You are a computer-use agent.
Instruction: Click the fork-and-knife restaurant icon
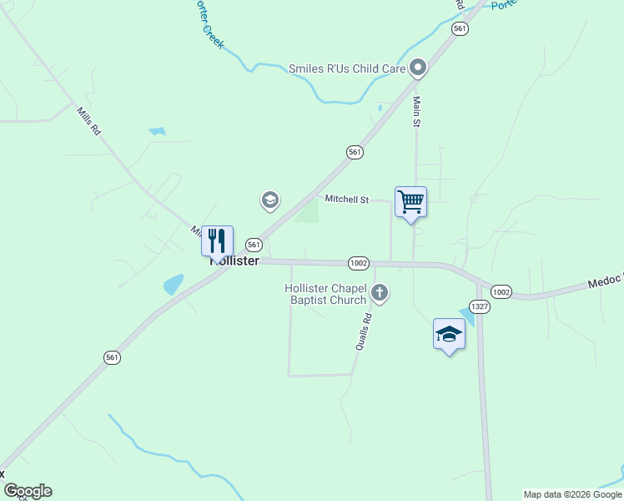[x=217, y=240]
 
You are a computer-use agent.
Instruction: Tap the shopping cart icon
[x=410, y=201]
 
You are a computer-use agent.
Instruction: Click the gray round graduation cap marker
[x=269, y=200]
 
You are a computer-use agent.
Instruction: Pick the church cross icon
[x=380, y=292]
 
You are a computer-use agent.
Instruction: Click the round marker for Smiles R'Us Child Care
[x=418, y=68]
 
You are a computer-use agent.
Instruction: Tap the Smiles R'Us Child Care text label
[x=347, y=68]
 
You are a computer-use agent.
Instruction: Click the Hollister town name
[x=235, y=261]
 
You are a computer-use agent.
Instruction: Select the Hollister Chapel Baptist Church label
[x=325, y=294]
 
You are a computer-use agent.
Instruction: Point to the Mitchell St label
[x=346, y=200]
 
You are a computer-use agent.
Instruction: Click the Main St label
[x=416, y=112]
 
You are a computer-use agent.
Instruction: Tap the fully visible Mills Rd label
[x=88, y=121]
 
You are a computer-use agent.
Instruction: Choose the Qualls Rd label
[x=363, y=330]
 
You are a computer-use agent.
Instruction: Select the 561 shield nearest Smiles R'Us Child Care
[x=460, y=28]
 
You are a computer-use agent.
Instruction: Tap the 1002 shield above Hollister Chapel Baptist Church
[x=359, y=262]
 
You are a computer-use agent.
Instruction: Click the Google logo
[x=28, y=491]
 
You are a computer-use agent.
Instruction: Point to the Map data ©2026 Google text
[x=572, y=494]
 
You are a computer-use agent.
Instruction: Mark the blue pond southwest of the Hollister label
[x=174, y=284]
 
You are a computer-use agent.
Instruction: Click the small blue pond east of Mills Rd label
[x=157, y=131]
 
